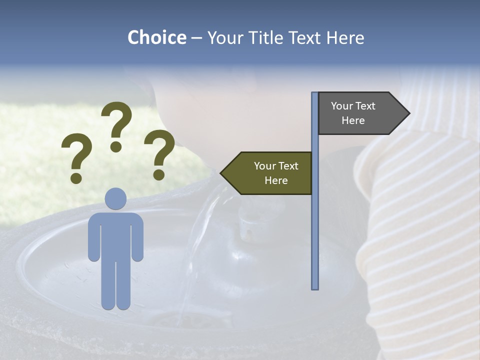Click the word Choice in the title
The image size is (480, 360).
156,37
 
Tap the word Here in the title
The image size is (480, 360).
345,37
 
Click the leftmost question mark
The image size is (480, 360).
76,155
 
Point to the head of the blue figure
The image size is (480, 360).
115,198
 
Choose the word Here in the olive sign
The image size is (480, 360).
276,180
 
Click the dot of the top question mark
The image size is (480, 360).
116,146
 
